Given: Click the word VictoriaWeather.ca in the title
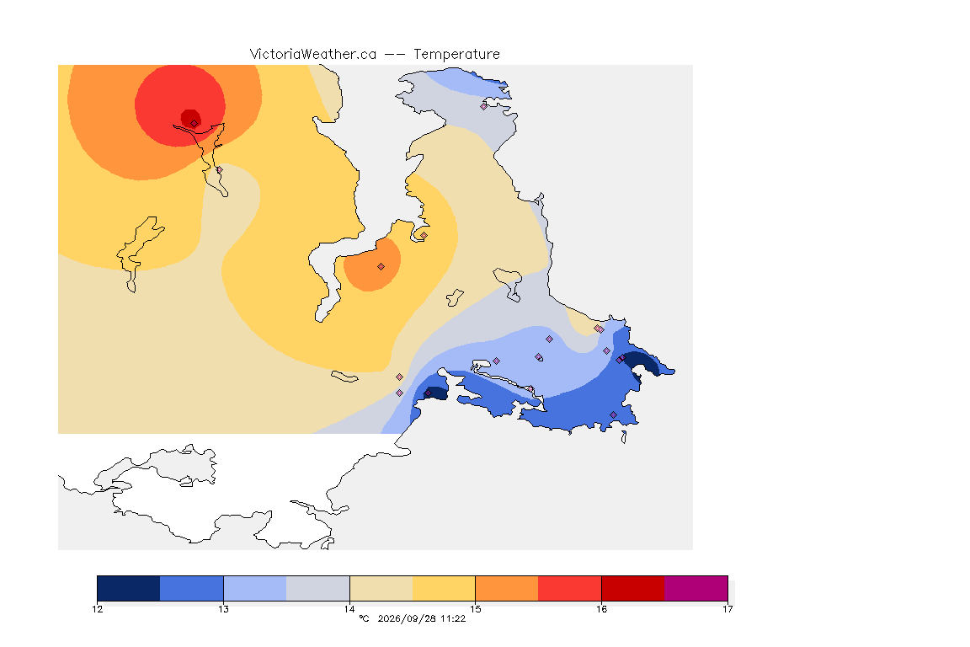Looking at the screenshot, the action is pos(313,55).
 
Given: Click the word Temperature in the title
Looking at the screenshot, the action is pos(456,55).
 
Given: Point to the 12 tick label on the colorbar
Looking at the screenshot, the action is pos(97,609).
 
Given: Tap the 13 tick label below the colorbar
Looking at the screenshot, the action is pos(223,609).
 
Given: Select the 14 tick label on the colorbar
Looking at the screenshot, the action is pos(349,609).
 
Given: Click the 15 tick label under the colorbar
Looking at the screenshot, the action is pos(475,609).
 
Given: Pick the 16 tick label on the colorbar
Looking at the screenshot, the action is pos(601,609).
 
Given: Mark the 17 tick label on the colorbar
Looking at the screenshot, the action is pos(727,609).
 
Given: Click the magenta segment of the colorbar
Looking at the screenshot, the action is pos(696,588).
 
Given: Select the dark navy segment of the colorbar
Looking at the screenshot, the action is pos(129,588).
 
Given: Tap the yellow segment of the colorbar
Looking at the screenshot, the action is pos(444,588).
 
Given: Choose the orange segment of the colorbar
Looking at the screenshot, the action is pos(507,588).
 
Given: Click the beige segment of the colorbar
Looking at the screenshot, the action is pos(381,588).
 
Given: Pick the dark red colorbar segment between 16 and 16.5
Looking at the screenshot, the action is pos(633,588).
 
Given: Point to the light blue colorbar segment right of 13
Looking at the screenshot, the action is pos(255,588).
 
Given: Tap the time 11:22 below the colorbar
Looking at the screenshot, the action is pos(453,618).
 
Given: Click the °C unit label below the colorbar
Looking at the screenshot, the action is pos(364,618).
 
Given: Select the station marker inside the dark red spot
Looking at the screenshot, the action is pos(195,124).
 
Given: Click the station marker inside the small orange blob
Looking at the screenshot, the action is pos(381,267).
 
